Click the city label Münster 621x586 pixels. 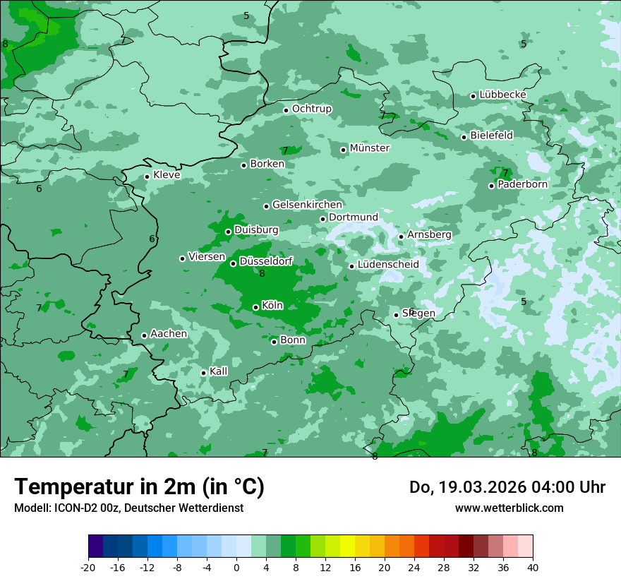click(x=370, y=148)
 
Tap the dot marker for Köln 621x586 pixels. click(x=255, y=307)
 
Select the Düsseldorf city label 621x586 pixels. click(x=266, y=261)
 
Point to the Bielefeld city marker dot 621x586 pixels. click(x=464, y=137)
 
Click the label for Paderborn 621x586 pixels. click(x=522, y=184)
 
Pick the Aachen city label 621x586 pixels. click(x=169, y=333)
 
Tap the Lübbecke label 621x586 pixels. click(x=502, y=95)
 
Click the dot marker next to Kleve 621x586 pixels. click(x=147, y=177)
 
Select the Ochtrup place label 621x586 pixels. click(x=311, y=109)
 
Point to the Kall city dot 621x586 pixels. click(x=203, y=373)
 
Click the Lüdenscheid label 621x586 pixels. click(x=388, y=265)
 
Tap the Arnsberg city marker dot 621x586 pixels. click(x=401, y=237)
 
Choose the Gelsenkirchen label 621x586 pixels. click(x=307, y=205)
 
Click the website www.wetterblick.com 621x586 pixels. click(x=509, y=508)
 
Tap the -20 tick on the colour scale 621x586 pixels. click(x=88, y=568)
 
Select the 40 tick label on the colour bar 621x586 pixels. click(x=533, y=568)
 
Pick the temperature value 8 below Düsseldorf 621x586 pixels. click(x=262, y=274)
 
